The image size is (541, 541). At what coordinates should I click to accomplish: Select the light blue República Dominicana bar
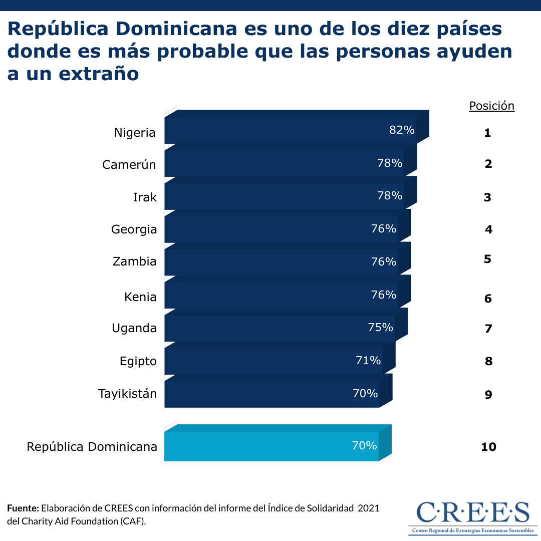tap(270, 446)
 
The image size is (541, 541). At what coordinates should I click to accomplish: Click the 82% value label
tap(402, 130)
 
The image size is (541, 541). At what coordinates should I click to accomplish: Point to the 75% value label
tap(381, 328)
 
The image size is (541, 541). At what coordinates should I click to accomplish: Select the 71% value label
tap(369, 360)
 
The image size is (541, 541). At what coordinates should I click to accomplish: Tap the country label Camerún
tap(129, 164)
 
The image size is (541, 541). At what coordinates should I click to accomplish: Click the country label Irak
tap(145, 197)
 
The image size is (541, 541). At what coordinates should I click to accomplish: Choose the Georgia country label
tap(134, 229)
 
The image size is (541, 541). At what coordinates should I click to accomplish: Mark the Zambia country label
tap(134, 261)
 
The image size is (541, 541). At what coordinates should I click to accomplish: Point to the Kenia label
tap(140, 297)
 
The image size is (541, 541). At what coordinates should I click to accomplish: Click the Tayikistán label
tap(127, 394)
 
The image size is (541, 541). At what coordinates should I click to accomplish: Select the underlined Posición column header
tap(491, 106)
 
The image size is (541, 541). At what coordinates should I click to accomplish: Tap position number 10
tap(488, 447)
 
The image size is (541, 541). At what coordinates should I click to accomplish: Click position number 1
tap(487, 133)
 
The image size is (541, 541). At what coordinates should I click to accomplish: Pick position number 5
tap(487, 259)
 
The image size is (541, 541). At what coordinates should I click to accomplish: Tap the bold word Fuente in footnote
tap(23, 508)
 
